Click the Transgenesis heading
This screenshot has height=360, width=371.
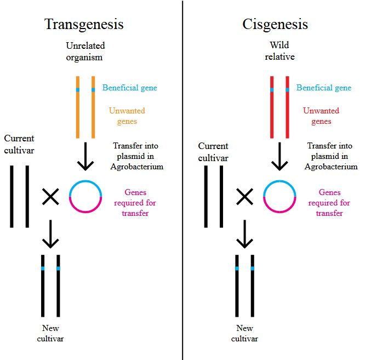pyautogui.click(x=84, y=25)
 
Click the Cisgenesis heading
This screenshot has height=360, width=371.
pyautogui.click(x=275, y=25)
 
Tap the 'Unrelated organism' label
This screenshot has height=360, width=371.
pyautogui.click(x=85, y=51)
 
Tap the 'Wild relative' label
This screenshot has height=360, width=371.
pyautogui.click(x=279, y=51)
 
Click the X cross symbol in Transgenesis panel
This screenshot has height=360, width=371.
pyautogui.click(x=50, y=196)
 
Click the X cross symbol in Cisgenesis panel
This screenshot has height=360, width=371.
pyautogui.click(x=244, y=196)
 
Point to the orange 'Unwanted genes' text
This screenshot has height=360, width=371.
pyautogui.click(x=127, y=116)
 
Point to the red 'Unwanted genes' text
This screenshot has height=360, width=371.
pyautogui.click(x=321, y=116)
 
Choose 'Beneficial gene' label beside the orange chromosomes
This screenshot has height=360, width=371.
pyautogui.click(x=129, y=88)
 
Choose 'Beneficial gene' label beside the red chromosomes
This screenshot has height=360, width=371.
pyautogui.click(x=324, y=88)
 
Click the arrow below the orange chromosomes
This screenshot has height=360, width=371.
pyautogui.click(x=85, y=157)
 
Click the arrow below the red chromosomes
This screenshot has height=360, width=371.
pyautogui.click(x=279, y=157)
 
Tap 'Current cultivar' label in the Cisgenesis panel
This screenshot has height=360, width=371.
pyautogui.click(x=213, y=152)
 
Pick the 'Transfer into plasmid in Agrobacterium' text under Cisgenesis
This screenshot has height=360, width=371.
pyautogui.click(x=332, y=156)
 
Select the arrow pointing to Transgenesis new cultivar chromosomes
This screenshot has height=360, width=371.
pyautogui.click(x=50, y=235)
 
